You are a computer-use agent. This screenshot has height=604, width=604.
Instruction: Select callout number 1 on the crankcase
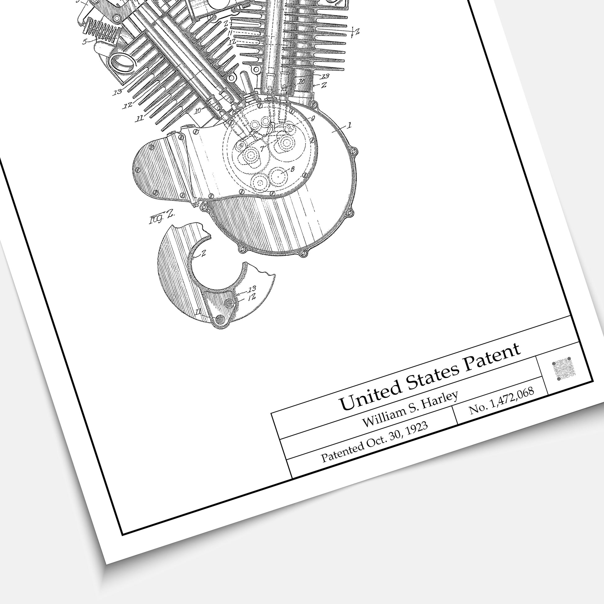[349, 125]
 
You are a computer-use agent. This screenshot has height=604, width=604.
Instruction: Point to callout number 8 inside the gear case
[292, 169]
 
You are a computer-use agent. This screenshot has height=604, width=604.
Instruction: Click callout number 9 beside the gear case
[313, 118]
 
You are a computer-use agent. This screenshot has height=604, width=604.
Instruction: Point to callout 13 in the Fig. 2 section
[252, 288]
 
